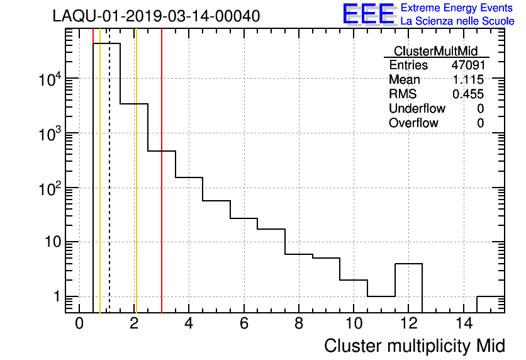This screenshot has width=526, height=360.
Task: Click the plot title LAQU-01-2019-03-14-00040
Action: (156, 16)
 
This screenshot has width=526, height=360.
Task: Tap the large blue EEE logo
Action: (369, 14)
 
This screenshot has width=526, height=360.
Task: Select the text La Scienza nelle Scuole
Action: (457, 21)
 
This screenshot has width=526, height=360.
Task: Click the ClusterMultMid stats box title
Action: (435, 51)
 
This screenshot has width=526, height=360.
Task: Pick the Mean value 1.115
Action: (469, 80)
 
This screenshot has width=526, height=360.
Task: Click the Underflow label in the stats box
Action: (417, 109)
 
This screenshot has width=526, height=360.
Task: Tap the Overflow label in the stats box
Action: (413, 123)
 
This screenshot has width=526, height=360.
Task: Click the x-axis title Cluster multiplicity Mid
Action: (414, 346)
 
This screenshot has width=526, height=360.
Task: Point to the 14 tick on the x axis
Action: (463, 323)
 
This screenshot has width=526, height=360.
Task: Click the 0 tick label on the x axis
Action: (79, 323)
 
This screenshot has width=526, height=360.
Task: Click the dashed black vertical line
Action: (109, 189)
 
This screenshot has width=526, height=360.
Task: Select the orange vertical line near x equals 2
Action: (136, 189)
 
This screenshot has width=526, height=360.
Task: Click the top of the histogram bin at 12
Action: (408, 264)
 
